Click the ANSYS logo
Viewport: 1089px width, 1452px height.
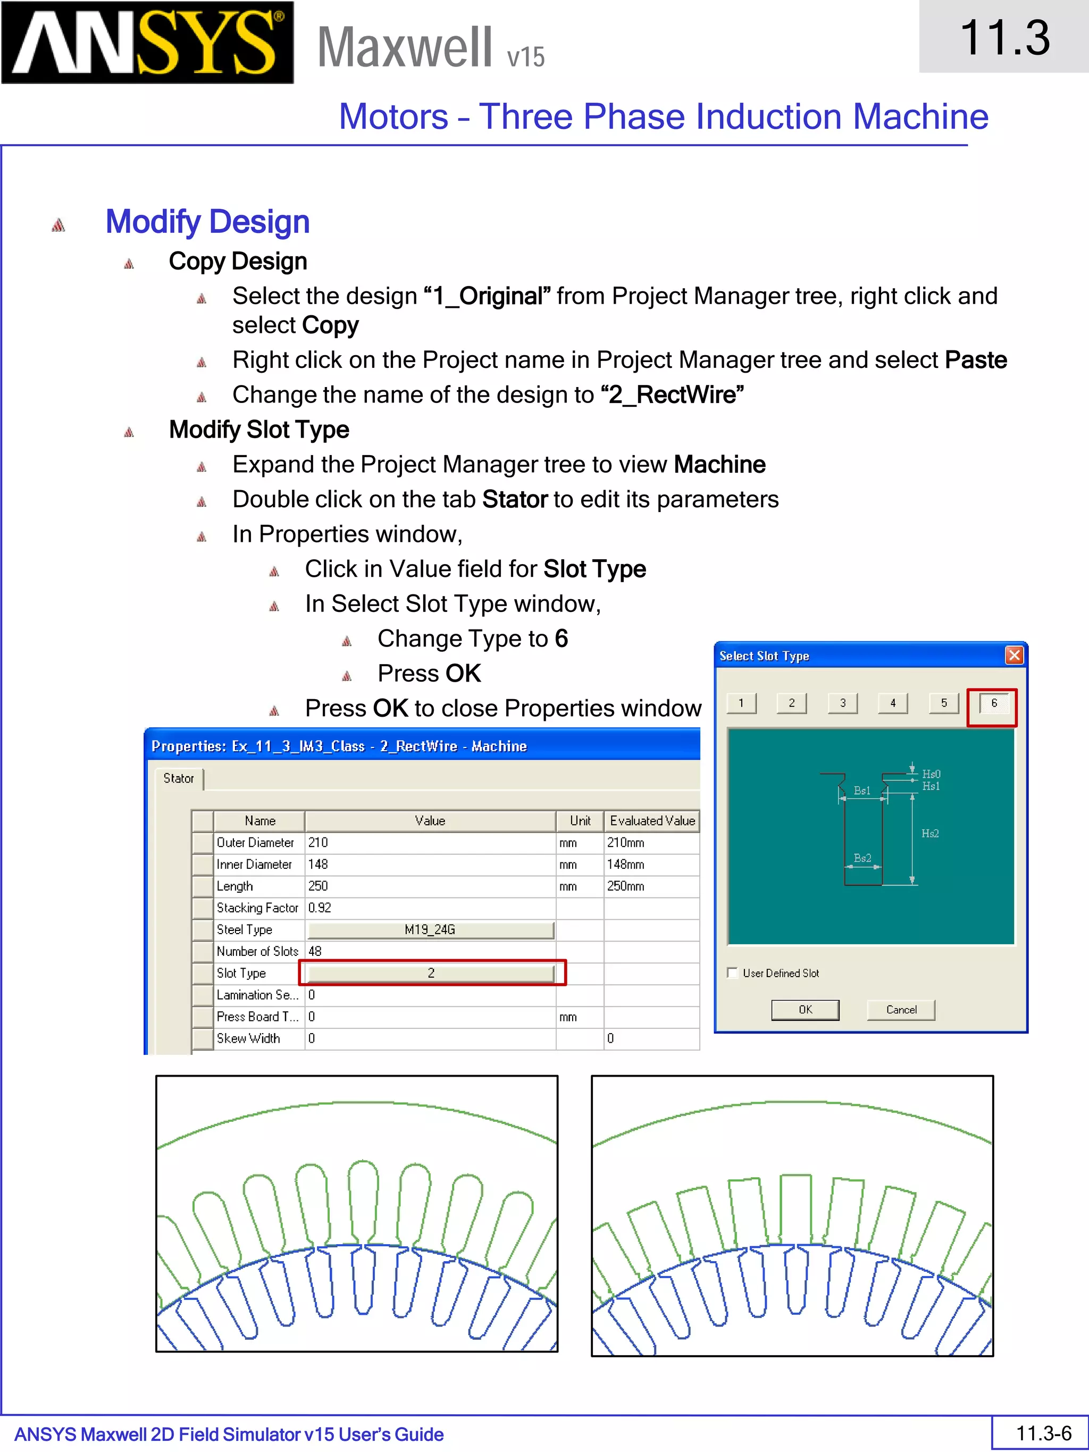pyautogui.click(x=147, y=43)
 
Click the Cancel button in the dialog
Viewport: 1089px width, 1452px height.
pyautogui.click(x=901, y=1010)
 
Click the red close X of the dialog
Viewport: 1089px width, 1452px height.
pyautogui.click(x=1014, y=655)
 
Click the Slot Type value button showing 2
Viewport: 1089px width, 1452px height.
pyautogui.click(x=431, y=973)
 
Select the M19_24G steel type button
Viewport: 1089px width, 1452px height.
pyautogui.click(x=431, y=929)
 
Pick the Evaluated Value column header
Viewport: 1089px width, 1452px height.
pyautogui.click(x=652, y=820)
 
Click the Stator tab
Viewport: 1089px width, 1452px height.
pyautogui.click(x=179, y=778)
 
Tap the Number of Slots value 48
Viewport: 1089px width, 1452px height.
pyautogui.click(x=315, y=951)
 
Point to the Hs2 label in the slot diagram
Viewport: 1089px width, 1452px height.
pyautogui.click(x=929, y=834)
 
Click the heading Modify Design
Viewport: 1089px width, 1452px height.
pyautogui.click(x=207, y=222)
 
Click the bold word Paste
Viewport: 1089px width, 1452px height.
pyautogui.click(x=975, y=360)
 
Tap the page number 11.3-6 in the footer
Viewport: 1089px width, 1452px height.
pyautogui.click(x=1043, y=1433)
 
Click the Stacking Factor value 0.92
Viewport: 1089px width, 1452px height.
pyautogui.click(x=320, y=908)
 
